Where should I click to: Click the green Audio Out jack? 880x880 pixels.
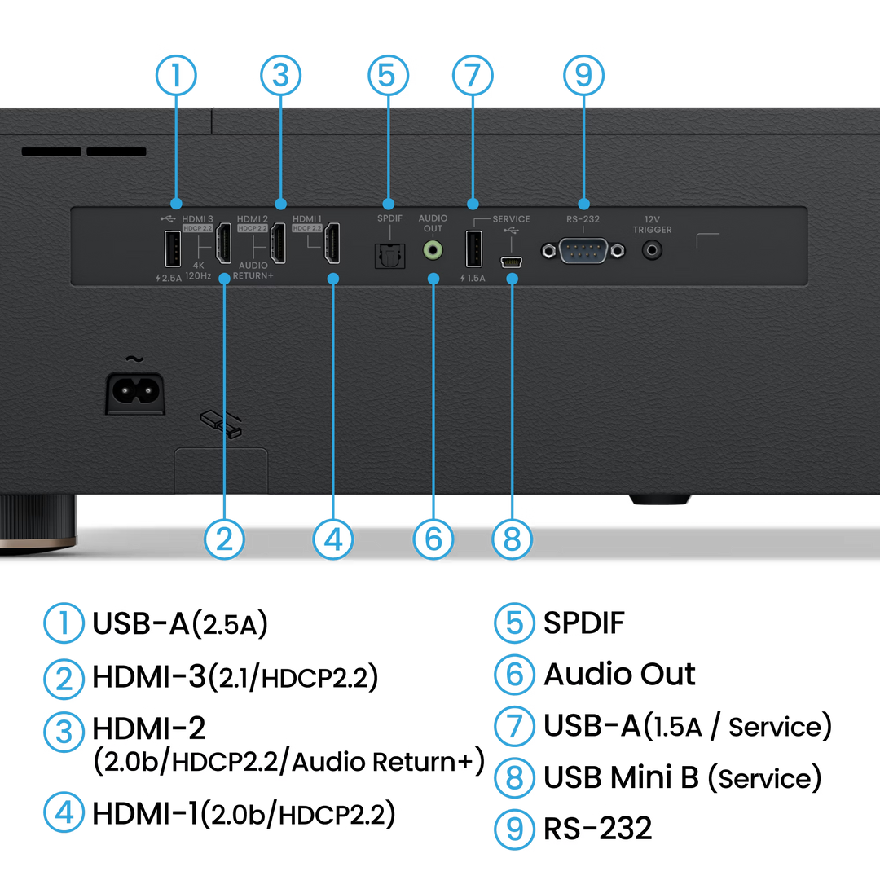433,250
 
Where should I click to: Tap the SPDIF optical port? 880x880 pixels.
389,255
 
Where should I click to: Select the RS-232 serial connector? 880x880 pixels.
583,250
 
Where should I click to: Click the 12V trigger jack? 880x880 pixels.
652,250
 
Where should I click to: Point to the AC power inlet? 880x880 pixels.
135,393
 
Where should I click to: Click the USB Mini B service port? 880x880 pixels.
511,262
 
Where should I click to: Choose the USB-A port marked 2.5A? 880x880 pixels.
172,249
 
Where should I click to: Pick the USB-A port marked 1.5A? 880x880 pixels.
473,249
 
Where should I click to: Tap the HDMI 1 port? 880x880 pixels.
332,243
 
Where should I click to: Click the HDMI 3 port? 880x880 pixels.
224,243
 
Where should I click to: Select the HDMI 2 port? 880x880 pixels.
278,243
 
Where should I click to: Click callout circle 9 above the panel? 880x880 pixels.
583,75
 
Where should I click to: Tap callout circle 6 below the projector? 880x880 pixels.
433,539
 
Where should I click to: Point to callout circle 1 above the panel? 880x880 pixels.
176,75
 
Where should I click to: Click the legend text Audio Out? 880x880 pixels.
619,674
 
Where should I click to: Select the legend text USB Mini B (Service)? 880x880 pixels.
683,778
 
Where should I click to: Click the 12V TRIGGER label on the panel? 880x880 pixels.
652,225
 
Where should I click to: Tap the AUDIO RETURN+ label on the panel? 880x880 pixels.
253,271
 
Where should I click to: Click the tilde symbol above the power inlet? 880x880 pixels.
134,359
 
